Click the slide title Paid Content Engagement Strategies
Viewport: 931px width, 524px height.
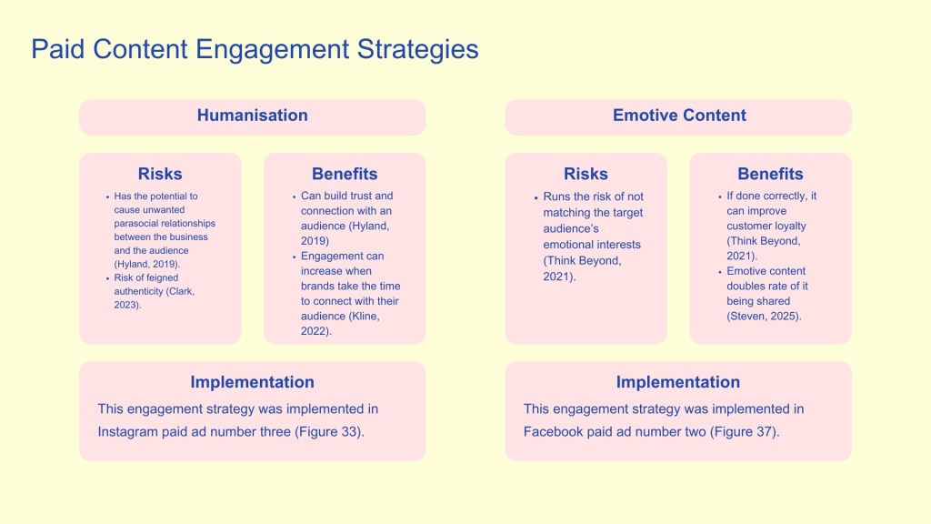(x=255, y=49)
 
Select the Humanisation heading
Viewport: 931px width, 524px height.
(x=253, y=116)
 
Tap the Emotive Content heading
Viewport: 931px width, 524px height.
(x=679, y=116)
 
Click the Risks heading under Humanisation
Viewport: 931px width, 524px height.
(x=160, y=174)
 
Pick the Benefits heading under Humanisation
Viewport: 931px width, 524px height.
(x=345, y=174)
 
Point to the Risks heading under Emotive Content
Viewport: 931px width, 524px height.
(x=586, y=174)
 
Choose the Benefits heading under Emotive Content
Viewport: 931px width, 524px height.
(x=770, y=174)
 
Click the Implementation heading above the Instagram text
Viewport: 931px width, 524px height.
(x=253, y=382)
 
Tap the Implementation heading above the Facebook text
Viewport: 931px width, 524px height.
(x=678, y=382)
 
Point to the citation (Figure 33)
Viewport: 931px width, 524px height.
(x=329, y=432)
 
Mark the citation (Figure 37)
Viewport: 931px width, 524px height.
(x=745, y=432)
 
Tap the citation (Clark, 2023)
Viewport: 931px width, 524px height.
(x=155, y=298)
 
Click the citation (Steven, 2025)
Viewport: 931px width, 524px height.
(x=764, y=316)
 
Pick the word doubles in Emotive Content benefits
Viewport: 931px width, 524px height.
(x=746, y=286)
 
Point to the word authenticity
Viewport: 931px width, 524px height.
(x=139, y=292)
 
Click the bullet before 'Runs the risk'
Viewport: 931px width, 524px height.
(x=536, y=197)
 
